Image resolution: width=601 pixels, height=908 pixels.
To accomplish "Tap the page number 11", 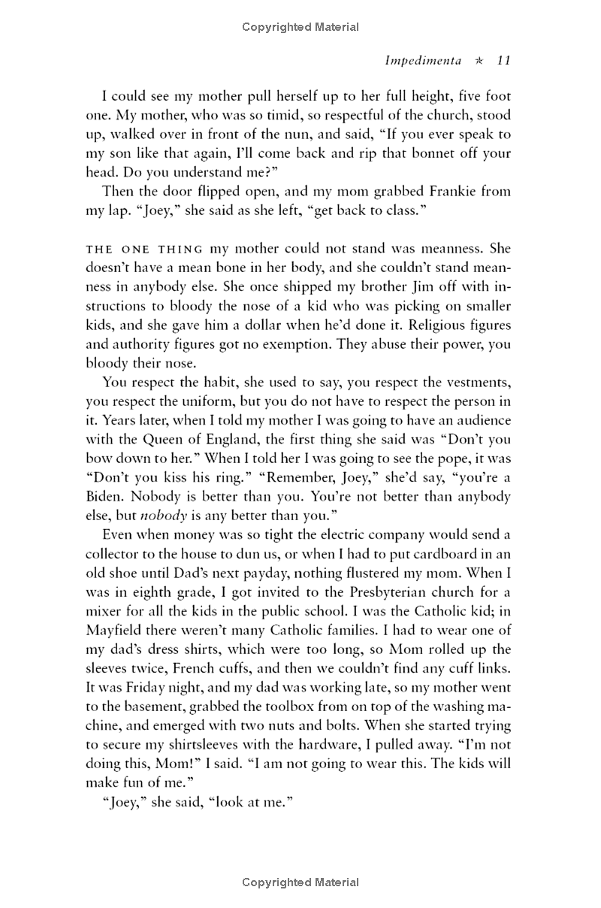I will click(504, 61).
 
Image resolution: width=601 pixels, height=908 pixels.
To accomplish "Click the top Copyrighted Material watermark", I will click(300, 27).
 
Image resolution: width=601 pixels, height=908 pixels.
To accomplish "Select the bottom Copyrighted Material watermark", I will click(300, 882).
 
